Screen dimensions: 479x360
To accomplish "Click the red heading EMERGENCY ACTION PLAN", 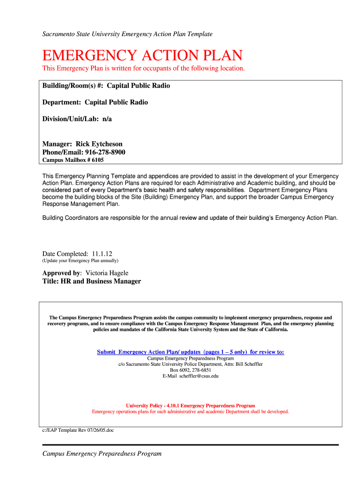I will click(142, 56).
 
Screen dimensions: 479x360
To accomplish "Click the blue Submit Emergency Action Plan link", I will click(190, 352).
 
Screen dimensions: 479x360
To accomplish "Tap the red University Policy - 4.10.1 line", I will click(190, 406).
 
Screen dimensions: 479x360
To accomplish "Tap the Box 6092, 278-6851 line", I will click(190, 370).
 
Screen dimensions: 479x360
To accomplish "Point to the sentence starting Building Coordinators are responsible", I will click(190, 218).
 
